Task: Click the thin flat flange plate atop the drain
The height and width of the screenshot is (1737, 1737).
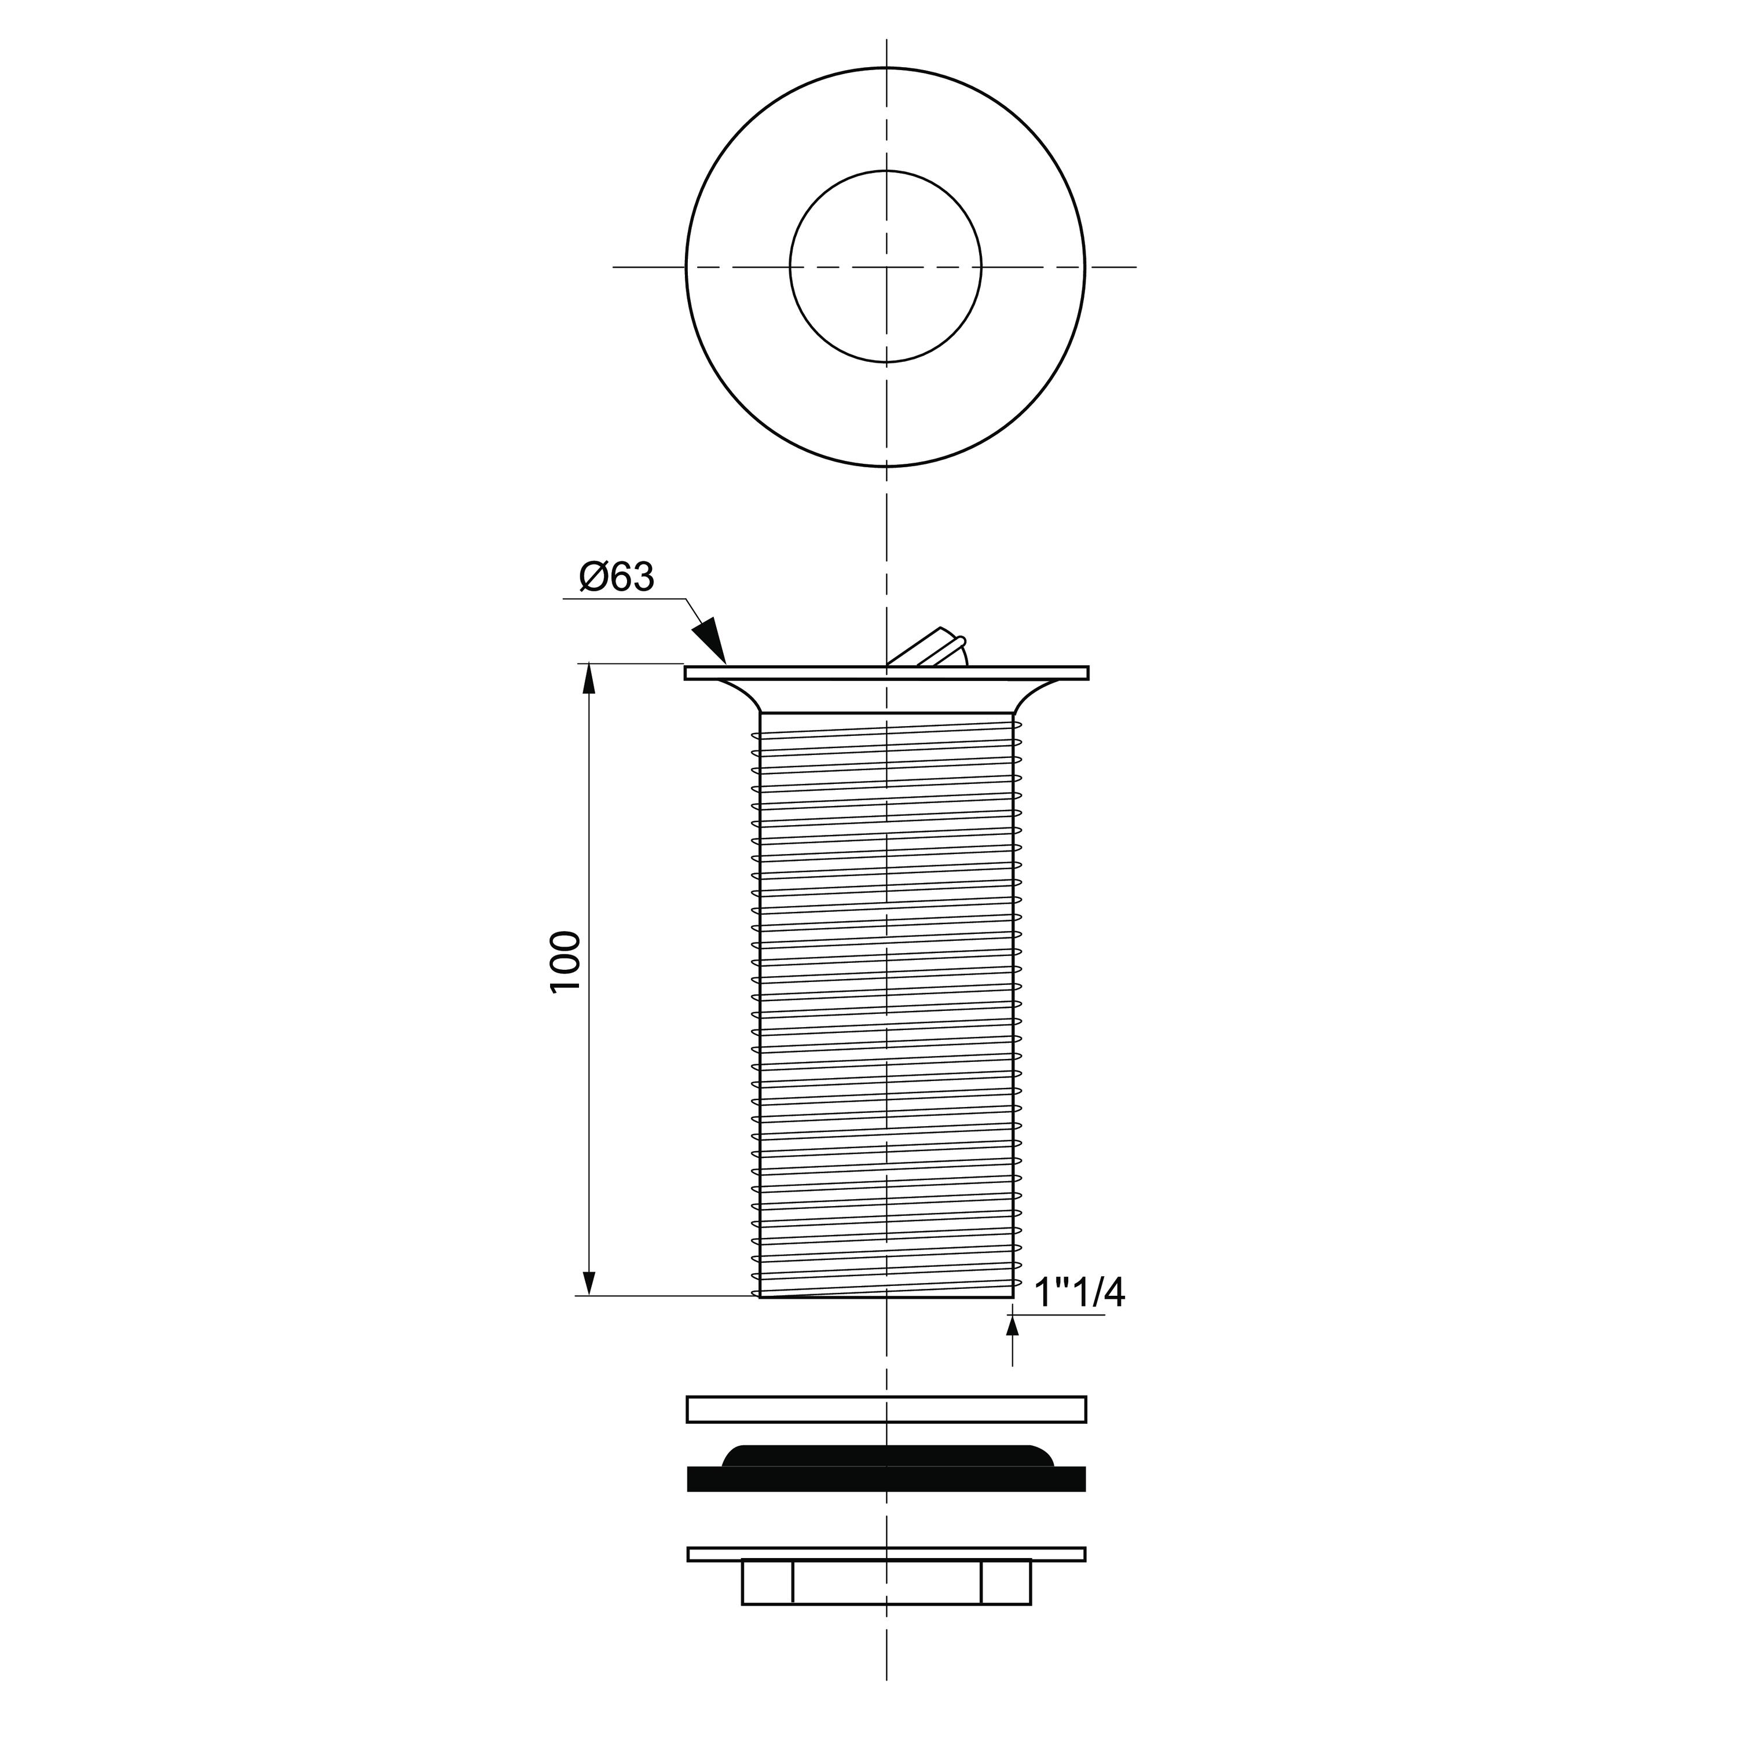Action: click(886, 672)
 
